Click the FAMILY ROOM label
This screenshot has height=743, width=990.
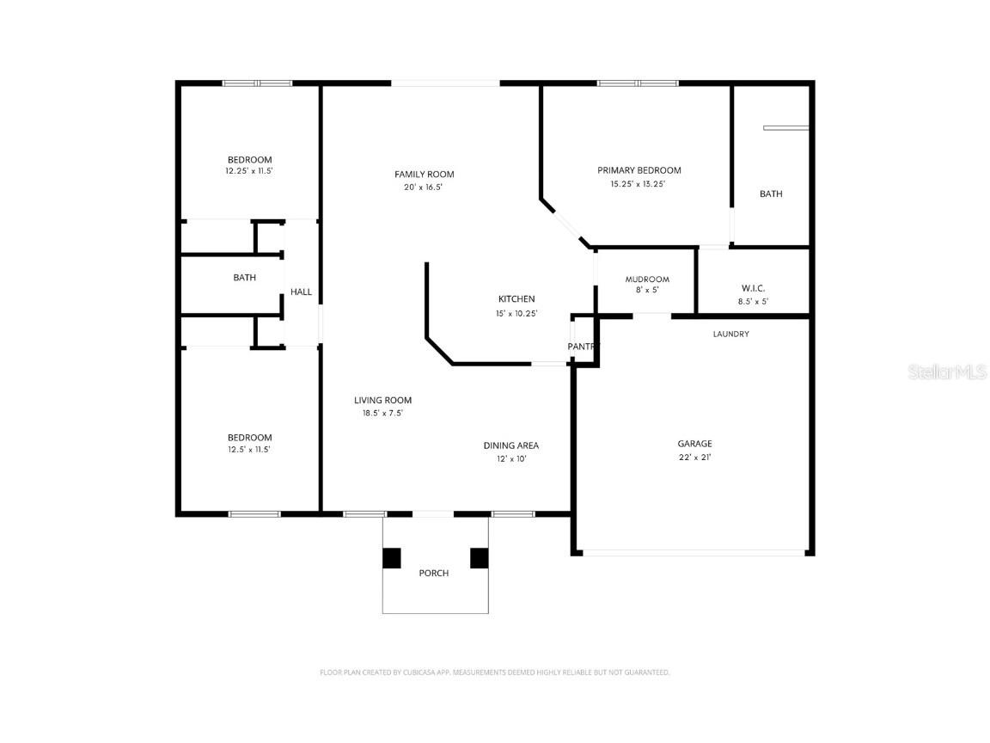(425, 175)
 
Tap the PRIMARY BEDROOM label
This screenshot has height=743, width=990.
(639, 170)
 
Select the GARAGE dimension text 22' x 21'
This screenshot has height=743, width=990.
(694, 457)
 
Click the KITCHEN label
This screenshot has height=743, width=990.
(516, 299)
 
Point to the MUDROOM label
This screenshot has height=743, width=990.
(646, 279)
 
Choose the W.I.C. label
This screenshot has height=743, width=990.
(753, 288)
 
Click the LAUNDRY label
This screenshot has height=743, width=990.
(730, 334)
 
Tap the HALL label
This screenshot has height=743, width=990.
(301, 292)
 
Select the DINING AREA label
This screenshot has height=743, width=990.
(510, 445)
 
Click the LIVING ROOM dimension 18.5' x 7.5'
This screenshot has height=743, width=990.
(382, 413)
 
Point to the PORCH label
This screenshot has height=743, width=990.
(433, 574)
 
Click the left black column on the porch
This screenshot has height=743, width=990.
(392, 558)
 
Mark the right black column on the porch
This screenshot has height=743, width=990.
(479, 558)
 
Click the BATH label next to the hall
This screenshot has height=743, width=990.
(245, 278)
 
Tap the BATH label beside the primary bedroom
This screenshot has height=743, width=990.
(771, 194)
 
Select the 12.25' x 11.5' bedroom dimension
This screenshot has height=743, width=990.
(249, 171)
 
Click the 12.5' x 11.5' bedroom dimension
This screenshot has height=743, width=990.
(249, 450)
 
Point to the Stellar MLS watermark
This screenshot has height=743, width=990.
(948, 371)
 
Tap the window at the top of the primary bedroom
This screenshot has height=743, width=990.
(638, 83)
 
